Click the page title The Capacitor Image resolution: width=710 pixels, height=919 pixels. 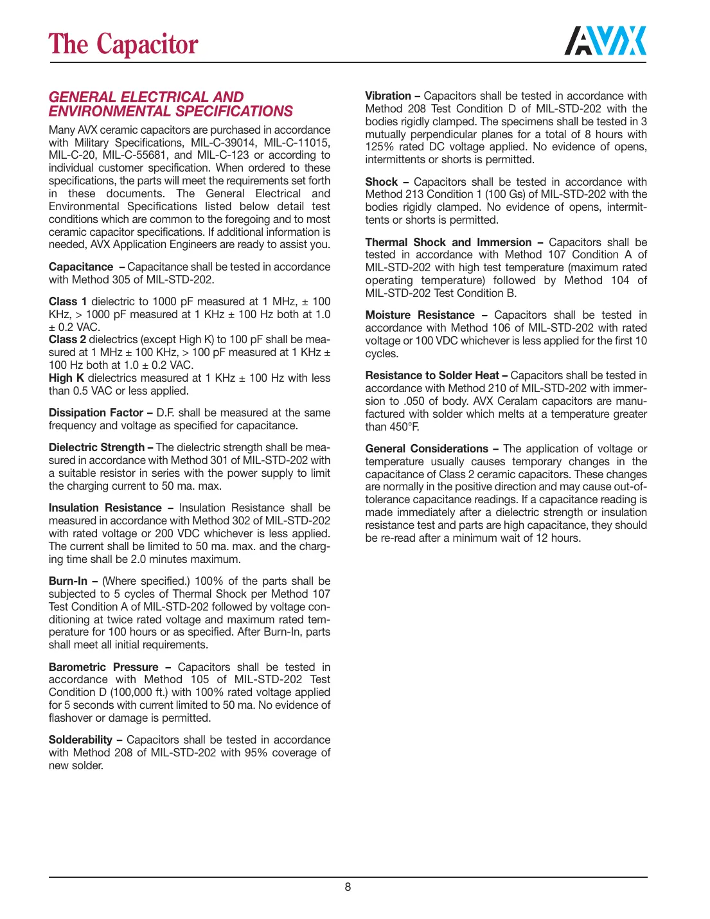pyautogui.click(x=123, y=44)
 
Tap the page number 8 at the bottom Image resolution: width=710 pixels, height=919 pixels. pyautogui.click(x=348, y=887)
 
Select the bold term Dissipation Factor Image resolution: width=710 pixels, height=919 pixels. pyautogui.click(x=96, y=413)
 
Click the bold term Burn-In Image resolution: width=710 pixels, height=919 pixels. pyautogui.click(x=68, y=581)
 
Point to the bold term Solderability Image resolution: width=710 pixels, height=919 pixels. pyautogui.click(x=80, y=740)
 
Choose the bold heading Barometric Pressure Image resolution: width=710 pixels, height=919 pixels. pyautogui.click(x=103, y=667)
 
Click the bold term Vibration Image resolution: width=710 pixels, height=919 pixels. pyautogui.click(x=388, y=96)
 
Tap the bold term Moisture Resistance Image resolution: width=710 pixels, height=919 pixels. pyautogui.click(x=420, y=315)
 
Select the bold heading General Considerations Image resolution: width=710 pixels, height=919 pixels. pyautogui.click(x=427, y=449)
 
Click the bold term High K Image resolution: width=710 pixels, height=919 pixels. pyautogui.click(x=66, y=378)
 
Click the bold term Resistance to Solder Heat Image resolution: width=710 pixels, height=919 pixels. pyautogui.click(x=432, y=375)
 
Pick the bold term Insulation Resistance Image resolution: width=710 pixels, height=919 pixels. pyautogui.click(x=105, y=508)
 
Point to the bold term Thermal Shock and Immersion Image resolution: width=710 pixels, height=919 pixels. pyautogui.click(x=448, y=242)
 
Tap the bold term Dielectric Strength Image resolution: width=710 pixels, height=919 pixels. pyautogui.click(x=96, y=447)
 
